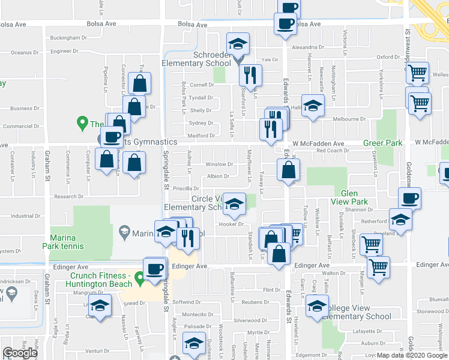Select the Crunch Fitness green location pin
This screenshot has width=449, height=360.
[140, 278]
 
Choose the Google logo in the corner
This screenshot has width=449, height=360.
[20, 353]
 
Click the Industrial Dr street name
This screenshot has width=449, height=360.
[25, 216]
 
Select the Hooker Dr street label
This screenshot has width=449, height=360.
[231, 224]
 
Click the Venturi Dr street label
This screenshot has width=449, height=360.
[97, 350]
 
